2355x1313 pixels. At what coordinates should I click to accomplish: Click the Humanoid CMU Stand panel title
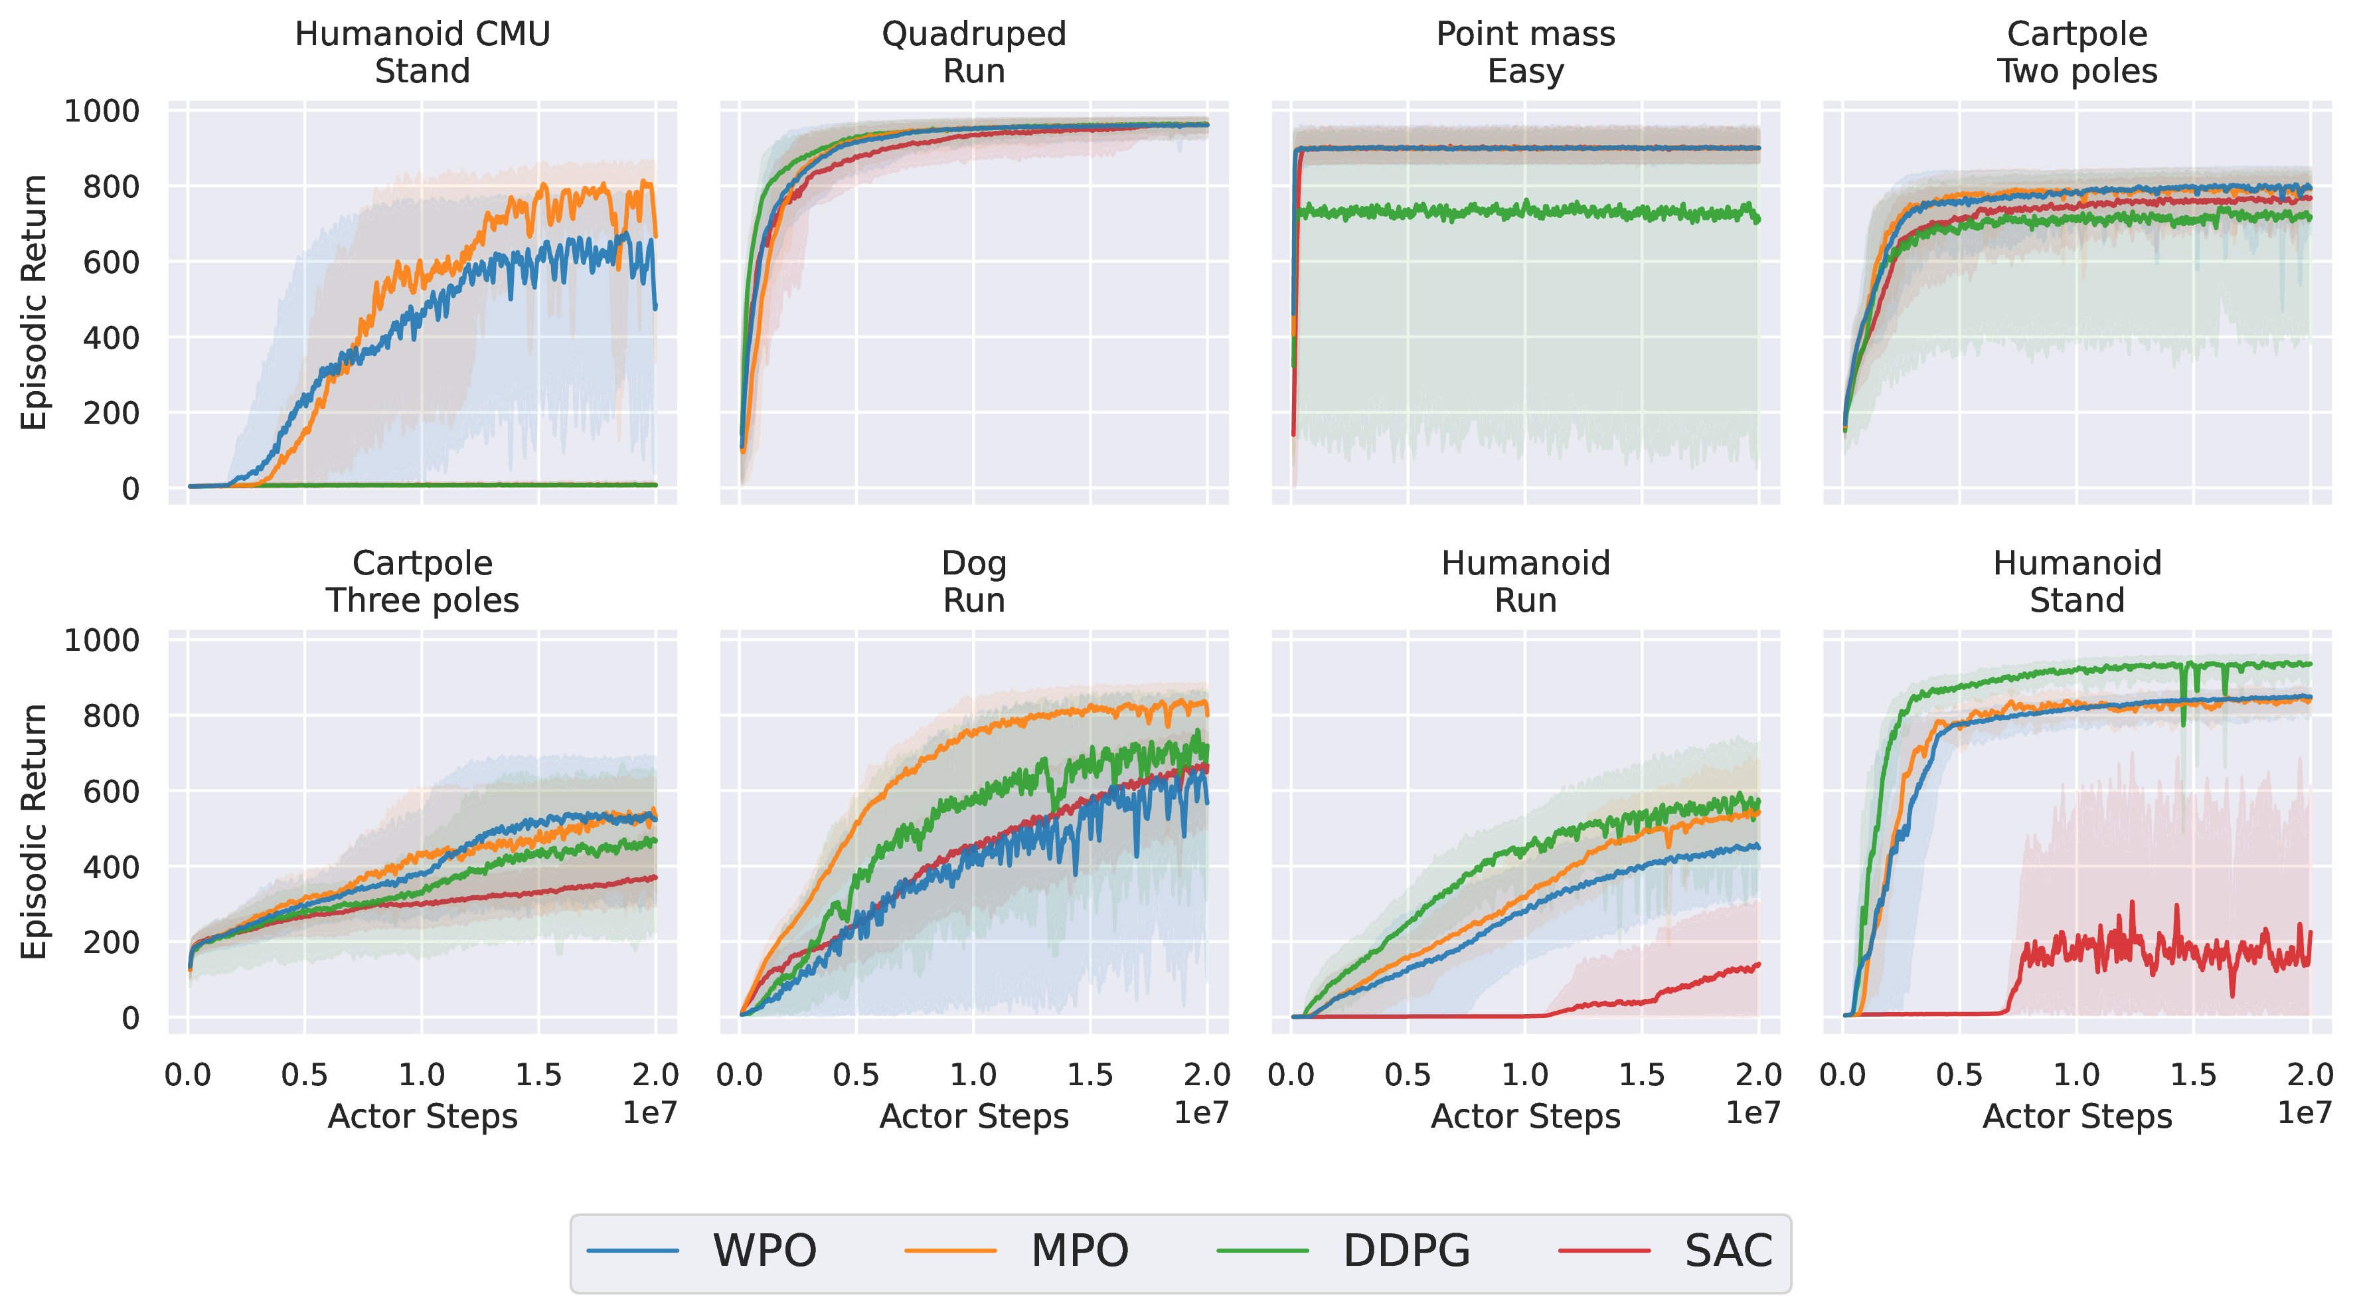click(422, 52)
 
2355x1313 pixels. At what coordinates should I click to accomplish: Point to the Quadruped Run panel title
click(973, 52)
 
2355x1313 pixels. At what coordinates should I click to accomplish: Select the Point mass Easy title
click(1525, 52)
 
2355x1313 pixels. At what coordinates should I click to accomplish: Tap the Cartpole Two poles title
click(2076, 52)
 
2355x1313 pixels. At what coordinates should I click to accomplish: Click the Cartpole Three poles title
click(422, 582)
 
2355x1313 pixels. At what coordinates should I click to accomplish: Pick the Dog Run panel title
click(973, 582)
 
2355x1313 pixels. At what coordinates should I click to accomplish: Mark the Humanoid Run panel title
click(1525, 582)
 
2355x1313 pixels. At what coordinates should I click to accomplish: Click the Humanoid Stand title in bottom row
click(2076, 582)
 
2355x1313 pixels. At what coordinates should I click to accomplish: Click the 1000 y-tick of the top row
click(102, 112)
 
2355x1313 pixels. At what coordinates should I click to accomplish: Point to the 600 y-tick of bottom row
click(111, 791)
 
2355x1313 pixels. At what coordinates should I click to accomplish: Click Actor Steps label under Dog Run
click(973, 1116)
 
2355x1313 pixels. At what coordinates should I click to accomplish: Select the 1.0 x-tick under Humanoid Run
click(1525, 1075)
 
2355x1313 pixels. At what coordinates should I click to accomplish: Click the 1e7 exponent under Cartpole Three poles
click(649, 1112)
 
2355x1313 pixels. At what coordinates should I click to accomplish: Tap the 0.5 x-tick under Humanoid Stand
click(1959, 1075)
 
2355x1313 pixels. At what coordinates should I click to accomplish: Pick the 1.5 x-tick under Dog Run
click(1090, 1075)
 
